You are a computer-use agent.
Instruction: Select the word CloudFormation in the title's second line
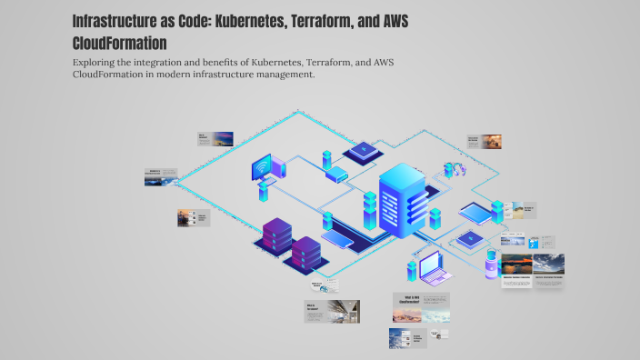tap(119, 43)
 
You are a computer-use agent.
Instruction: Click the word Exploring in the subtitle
tap(97, 62)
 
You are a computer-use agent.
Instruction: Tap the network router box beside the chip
tap(335, 173)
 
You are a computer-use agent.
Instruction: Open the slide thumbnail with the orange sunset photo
tap(485, 142)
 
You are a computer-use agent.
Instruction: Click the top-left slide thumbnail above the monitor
tap(216, 139)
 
